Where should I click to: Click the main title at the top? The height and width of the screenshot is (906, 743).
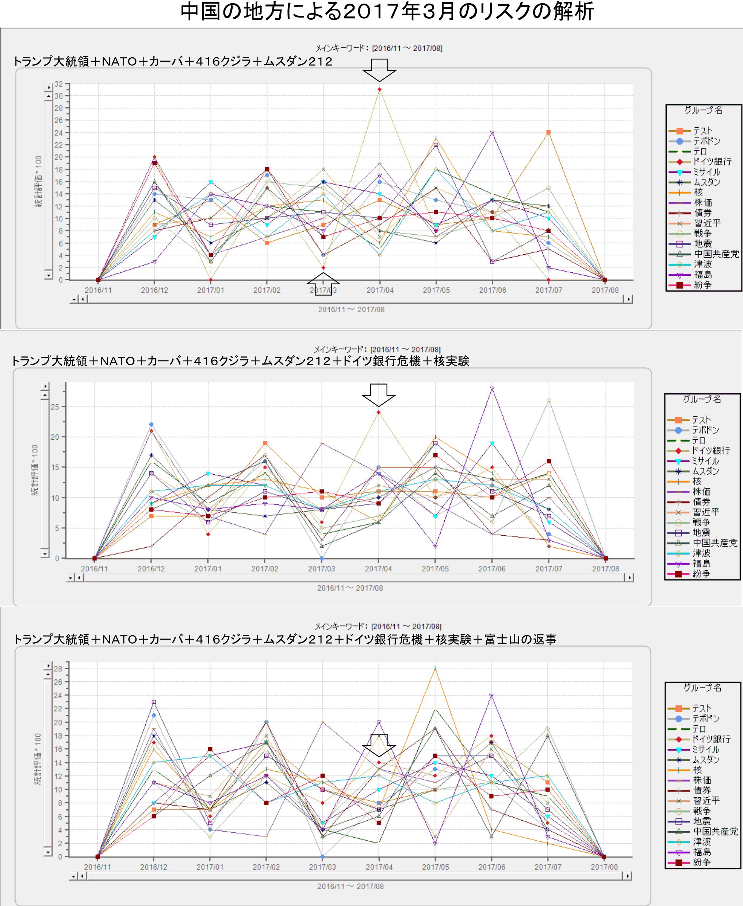(387, 12)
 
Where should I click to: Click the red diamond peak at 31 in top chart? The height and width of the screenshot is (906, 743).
(380, 89)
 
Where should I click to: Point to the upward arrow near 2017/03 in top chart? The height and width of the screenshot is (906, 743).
(323, 284)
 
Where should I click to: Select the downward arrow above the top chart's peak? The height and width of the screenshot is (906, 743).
(379, 70)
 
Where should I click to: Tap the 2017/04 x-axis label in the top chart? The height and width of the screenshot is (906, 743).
(380, 290)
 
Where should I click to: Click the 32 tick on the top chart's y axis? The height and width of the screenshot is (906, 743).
(58, 84)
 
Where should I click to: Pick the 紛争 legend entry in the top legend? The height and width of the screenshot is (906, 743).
(702, 285)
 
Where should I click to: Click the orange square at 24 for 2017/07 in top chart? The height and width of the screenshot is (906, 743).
(548, 132)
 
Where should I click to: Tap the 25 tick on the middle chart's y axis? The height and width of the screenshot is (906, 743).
(55, 407)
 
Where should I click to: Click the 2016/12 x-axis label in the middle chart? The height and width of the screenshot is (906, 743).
(151, 568)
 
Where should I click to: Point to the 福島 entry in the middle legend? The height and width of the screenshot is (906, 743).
(701, 563)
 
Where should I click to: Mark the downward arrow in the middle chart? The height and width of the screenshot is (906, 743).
(378, 394)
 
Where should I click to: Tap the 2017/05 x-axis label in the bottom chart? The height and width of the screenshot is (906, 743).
(435, 867)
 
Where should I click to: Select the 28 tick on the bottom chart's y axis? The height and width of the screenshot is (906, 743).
(58, 668)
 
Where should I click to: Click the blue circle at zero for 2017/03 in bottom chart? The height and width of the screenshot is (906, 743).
(322, 857)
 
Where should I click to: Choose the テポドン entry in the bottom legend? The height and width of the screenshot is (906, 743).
(706, 719)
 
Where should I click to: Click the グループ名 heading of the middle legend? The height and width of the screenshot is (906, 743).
(702, 399)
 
